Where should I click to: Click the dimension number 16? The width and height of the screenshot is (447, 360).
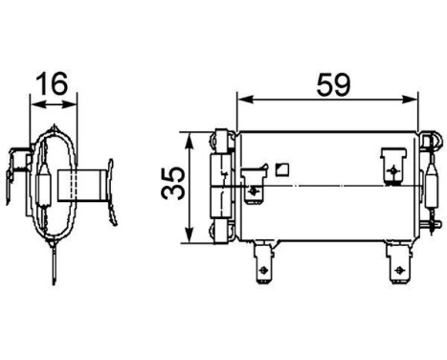52,84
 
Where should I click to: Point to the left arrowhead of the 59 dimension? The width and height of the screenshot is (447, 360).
241,99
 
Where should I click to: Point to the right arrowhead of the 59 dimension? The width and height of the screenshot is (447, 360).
414,99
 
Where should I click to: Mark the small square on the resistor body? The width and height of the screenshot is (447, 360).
280,169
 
